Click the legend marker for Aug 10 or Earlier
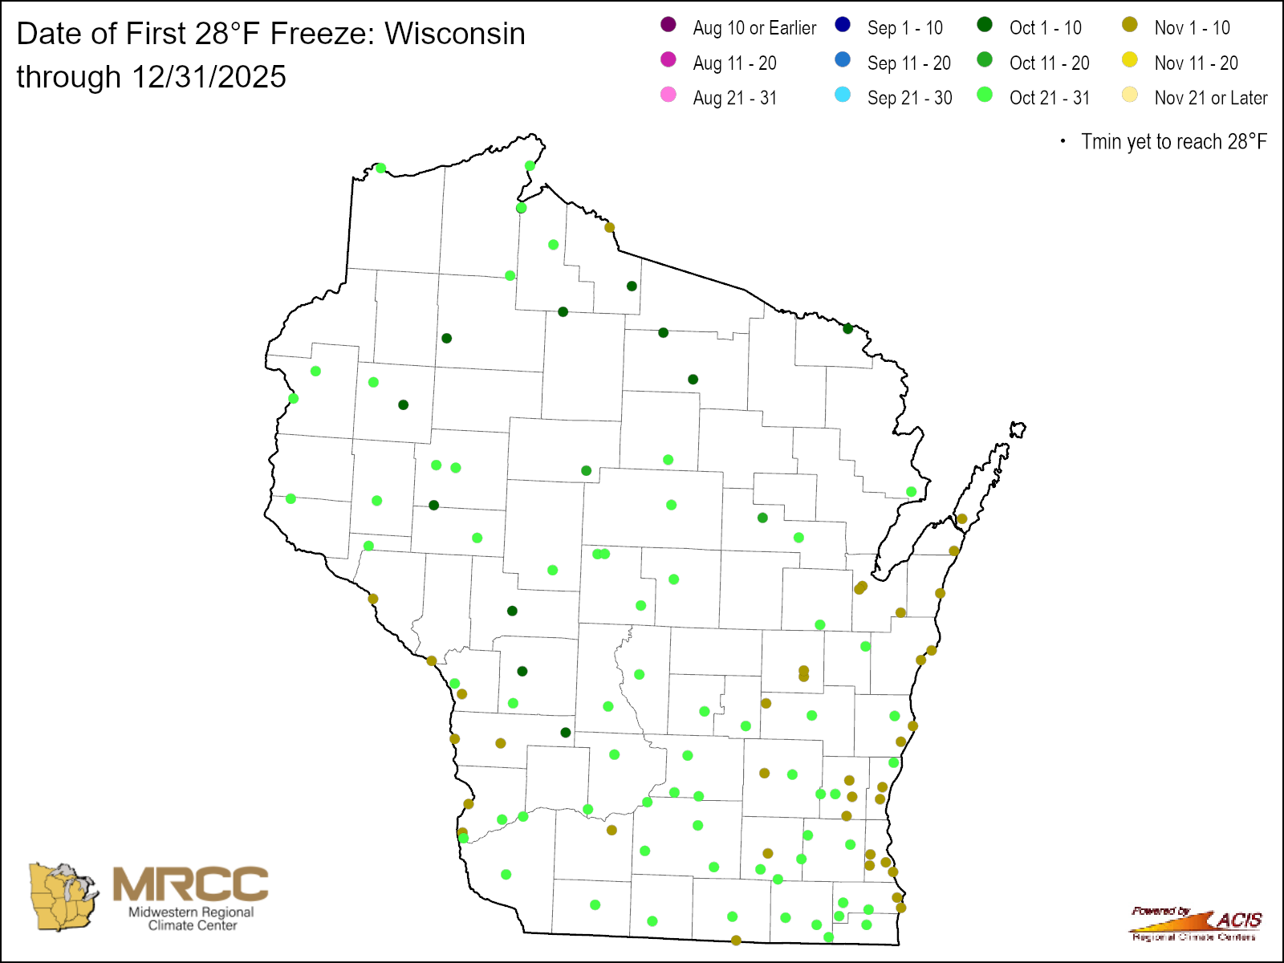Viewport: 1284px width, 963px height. pyautogui.click(x=668, y=25)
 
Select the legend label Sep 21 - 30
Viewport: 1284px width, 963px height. pyautogui.click(x=909, y=98)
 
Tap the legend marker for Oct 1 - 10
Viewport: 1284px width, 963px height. pyautogui.click(x=985, y=25)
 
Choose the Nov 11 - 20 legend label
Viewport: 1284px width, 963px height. pyautogui.click(x=1196, y=63)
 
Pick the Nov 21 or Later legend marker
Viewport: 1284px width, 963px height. pyautogui.click(x=1130, y=95)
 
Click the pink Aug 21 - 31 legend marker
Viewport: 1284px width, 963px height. pyautogui.click(x=668, y=95)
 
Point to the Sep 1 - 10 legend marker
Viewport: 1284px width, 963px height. pyautogui.click(x=843, y=25)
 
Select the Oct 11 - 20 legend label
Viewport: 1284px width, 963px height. pyautogui.click(x=1049, y=63)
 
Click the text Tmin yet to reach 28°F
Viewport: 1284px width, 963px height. pyautogui.click(x=1173, y=142)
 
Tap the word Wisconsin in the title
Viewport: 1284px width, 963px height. pyautogui.click(x=455, y=34)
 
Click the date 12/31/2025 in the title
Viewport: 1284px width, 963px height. pyautogui.click(x=209, y=77)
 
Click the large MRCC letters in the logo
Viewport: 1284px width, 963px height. pyautogui.click(x=190, y=884)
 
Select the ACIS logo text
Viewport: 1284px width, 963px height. pyautogui.click(x=1238, y=920)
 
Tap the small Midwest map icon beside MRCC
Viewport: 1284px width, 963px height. pyautogui.click(x=63, y=897)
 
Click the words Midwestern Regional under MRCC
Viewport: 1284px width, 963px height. pyautogui.click(x=191, y=912)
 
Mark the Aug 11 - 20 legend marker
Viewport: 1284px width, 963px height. pyautogui.click(x=668, y=60)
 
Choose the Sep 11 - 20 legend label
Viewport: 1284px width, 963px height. pyautogui.click(x=908, y=63)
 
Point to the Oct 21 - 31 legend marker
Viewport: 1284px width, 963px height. pyautogui.click(x=985, y=95)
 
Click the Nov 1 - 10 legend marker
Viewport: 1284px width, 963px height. pyautogui.click(x=1130, y=25)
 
